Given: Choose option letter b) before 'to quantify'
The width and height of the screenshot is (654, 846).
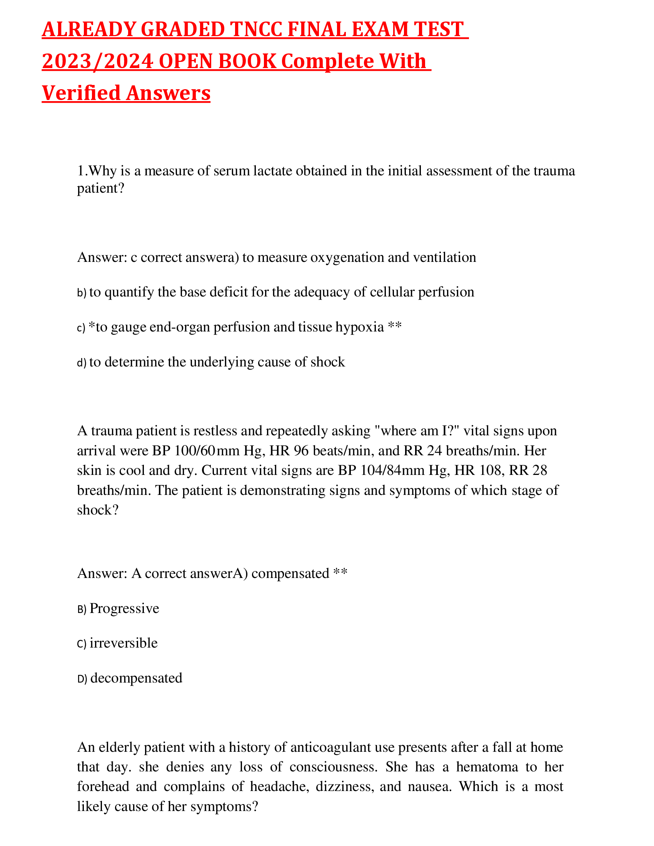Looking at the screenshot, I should point(81,293).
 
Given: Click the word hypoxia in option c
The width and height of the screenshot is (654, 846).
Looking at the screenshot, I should point(360,327).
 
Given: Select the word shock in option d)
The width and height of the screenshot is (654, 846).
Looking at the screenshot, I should point(329,362).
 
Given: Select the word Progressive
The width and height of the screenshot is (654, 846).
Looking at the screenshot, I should point(124,609).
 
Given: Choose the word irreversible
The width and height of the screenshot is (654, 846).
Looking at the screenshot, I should point(123,643).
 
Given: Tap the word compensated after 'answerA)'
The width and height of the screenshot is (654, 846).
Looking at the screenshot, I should point(290,573).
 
